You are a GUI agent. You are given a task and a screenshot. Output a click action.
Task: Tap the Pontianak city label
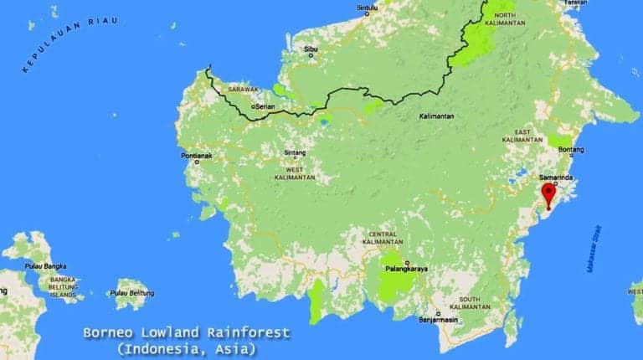pos(198,156)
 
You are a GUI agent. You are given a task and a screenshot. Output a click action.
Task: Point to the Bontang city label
pos(569,150)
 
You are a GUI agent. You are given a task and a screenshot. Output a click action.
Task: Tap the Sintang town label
pos(295,153)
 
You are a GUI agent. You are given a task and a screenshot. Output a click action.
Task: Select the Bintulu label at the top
pos(368,8)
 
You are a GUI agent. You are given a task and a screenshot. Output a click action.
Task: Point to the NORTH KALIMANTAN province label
pos(504,19)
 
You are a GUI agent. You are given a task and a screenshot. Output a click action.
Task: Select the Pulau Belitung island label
pos(129,293)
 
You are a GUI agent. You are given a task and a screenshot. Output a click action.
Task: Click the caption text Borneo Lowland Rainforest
pos(186,333)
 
